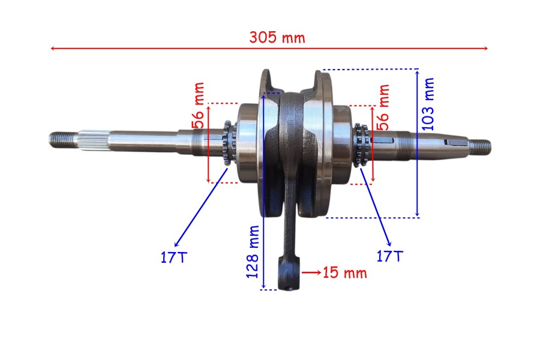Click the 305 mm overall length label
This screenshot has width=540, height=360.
pos(277,37)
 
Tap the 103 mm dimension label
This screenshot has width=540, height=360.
pos(428,104)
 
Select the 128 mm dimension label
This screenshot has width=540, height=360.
pos(253,252)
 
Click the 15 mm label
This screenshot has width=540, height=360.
pos(345,273)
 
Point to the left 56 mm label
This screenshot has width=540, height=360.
pos(199,106)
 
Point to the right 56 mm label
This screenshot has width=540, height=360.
pos(383,107)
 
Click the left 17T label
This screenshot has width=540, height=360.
pos(174,257)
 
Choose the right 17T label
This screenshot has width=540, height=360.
pos(390,256)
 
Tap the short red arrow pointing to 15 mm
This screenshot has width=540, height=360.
pos(311,272)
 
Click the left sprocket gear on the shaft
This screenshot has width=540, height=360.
pos(229,143)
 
